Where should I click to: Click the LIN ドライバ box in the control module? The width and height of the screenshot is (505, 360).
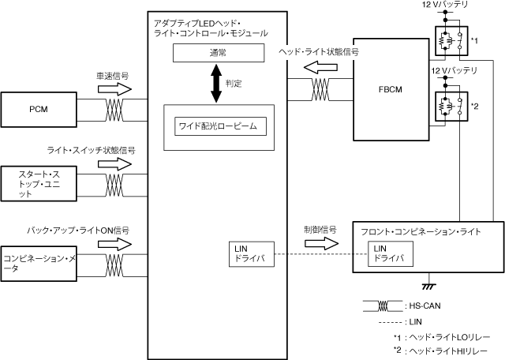(251, 253)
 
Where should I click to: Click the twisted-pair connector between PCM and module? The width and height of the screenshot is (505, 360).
(115, 110)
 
